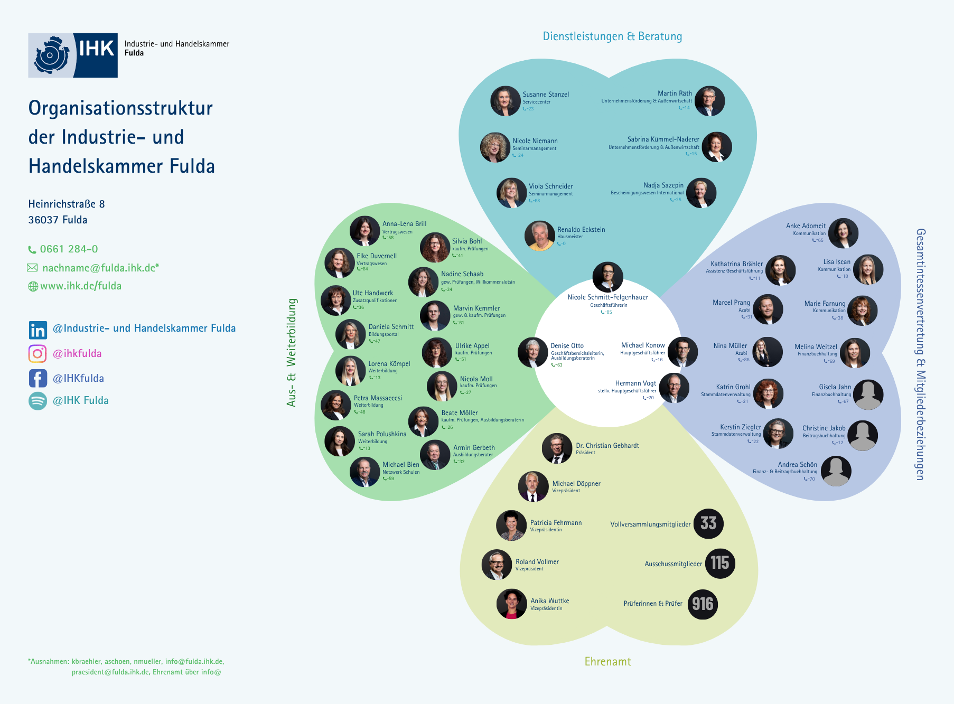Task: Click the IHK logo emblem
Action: pos(51,55)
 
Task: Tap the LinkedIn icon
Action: pos(38,330)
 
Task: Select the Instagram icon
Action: pos(38,353)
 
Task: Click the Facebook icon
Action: pos(38,378)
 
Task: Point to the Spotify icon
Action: pos(38,401)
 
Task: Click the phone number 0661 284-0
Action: pos(69,249)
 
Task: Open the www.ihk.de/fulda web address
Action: pos(81,286)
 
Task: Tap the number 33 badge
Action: pos(708,523)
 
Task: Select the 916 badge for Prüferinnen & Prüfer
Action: pos(703,604)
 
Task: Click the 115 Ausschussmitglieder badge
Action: pos(719,563)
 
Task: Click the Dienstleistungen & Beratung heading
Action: pos(612,36)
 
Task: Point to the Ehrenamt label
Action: pos(607,662)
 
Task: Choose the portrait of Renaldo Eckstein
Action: pos(539,236)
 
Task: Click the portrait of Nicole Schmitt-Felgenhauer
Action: pos(607,277)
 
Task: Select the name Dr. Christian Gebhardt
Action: pos(607,446)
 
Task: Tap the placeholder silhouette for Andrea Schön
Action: pos(836,471)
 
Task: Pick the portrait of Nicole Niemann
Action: pos(495,147)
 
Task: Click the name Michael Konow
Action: pos(643,345)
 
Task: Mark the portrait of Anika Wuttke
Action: pos(511,604)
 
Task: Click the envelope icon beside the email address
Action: pos(33,268)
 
